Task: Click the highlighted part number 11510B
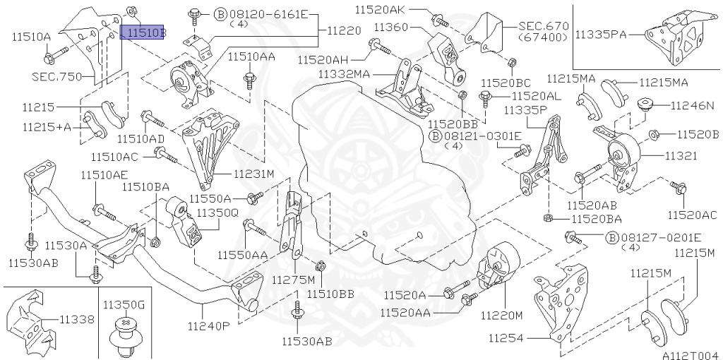coord(143,32)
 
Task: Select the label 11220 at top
coord(344,31)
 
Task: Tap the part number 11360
coord(391,28)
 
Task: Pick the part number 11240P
coord(209,326)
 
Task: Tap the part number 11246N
coord(692,106)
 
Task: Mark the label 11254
coord(506,338)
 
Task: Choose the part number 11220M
coord(501,313)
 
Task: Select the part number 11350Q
coord(217,212)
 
